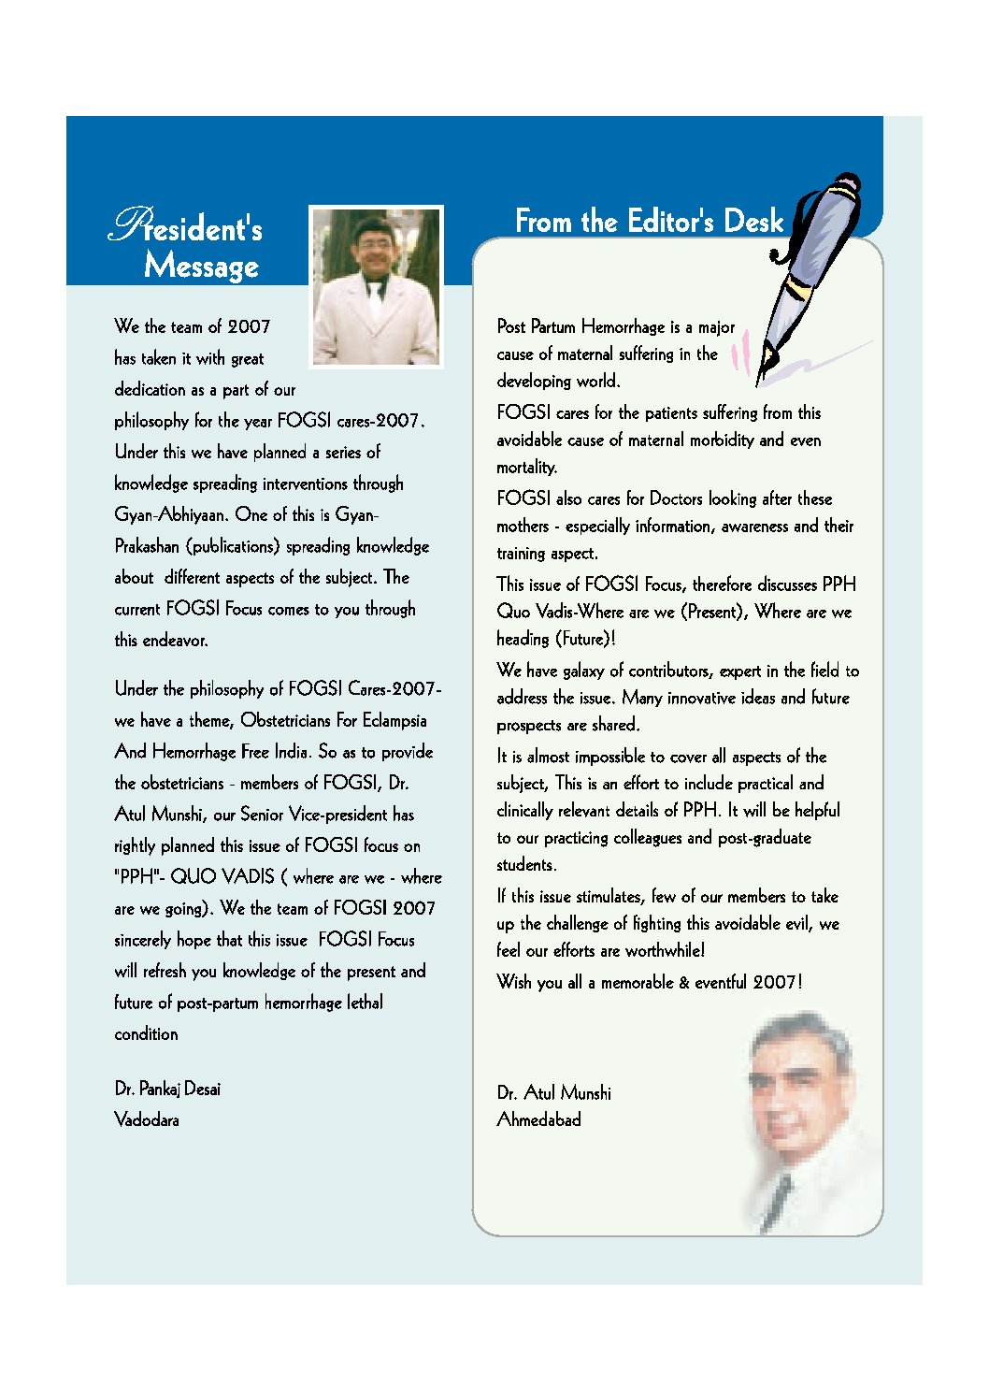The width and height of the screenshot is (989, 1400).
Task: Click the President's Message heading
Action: tap(187, 245)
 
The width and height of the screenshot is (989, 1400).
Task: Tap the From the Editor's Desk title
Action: tap(649, 222)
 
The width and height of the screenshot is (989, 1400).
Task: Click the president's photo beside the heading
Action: tap(376, 286)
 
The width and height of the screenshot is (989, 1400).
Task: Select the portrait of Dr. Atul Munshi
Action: tap(805, 1118)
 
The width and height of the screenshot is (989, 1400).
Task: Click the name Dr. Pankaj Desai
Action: tap(167, 1089)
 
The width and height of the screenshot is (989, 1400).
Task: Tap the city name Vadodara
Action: tap(147, 1119)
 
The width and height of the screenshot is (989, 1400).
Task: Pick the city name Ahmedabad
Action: tap(538, 1119)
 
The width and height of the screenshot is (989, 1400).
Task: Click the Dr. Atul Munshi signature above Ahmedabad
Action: tap(554, 1092)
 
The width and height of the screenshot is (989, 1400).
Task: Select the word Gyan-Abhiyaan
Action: tap(170, 514)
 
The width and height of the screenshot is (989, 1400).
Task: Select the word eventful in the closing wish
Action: tap(720, 982)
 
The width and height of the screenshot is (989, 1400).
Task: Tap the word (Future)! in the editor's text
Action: tap(584, 639)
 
